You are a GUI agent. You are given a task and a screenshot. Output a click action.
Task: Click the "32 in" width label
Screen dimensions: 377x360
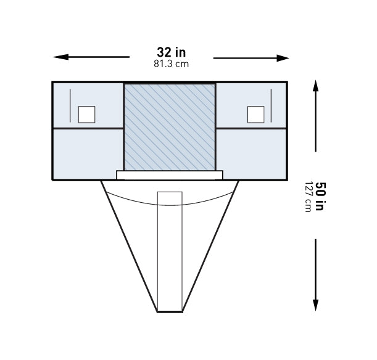(x=171, y=52)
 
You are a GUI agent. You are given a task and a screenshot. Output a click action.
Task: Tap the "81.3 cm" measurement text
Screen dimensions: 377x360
(x=171, y=64)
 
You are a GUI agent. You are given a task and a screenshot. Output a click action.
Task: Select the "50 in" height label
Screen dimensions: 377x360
(x=320, y=196)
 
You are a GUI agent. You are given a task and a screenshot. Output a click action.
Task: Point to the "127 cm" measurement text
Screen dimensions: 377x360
(x=308, y=197)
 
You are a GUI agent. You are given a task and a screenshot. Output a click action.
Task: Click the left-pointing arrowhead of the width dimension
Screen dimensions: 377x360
(x=60, y=57)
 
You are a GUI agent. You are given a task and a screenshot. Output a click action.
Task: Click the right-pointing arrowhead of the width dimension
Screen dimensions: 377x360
(x=283, y=58)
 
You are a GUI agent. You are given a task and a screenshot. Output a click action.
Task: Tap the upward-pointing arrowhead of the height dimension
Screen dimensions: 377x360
(x=316, y=86)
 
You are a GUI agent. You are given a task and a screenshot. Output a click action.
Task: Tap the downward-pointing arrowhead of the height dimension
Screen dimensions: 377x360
(x=316, y=305)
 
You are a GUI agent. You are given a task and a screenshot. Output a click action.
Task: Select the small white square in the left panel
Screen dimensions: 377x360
(x=86, y=115)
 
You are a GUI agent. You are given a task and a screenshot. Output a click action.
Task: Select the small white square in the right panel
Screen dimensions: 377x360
(x=256, y=115)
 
